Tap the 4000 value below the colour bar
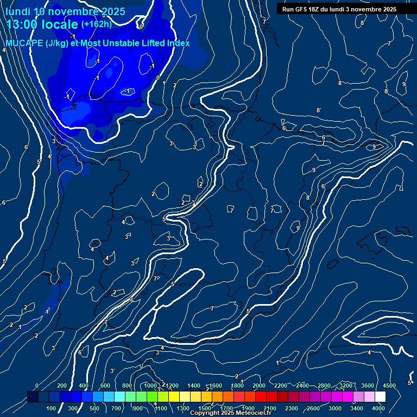point(378,408)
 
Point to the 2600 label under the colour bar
point(313,408)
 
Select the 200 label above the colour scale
point(61,386)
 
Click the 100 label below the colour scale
point(51,408)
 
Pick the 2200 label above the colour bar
point(281,386)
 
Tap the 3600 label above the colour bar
point(367,386)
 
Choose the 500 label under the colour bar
point(94,408)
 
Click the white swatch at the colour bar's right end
point(380,397)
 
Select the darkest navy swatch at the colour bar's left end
point(33,397)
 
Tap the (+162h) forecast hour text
point(96,24)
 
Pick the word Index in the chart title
point(177,43)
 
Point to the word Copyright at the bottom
point(204,413)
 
